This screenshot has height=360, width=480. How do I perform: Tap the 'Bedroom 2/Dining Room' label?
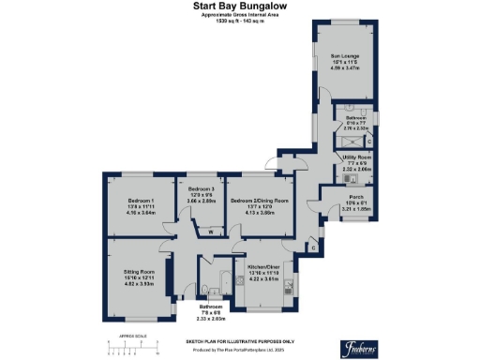(260, 201)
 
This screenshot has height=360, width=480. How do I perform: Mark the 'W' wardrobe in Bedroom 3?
(210, 231)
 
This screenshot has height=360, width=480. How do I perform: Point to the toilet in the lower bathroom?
(204, 287)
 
